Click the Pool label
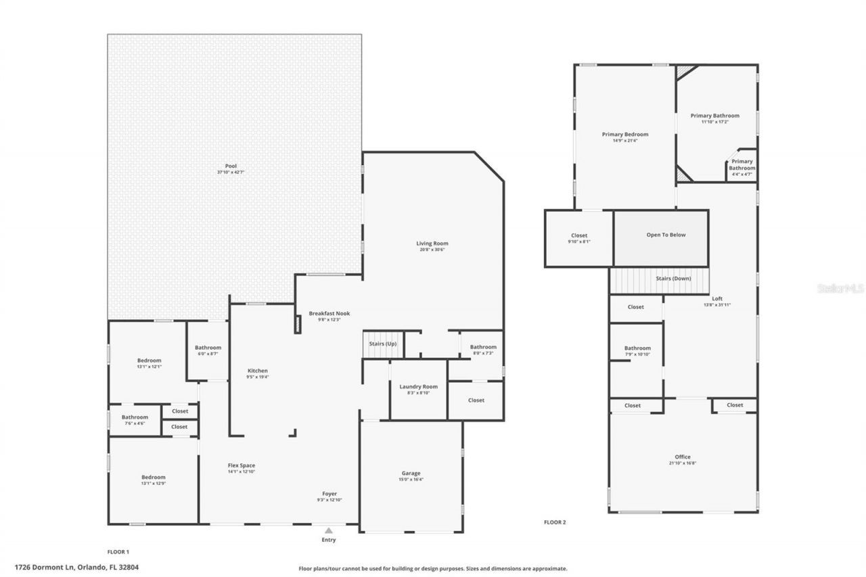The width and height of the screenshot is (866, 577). point(231,166)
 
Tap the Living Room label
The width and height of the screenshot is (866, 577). point(432,244)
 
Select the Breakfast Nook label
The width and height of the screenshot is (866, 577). point(329,314)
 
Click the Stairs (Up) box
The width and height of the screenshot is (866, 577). point(383,344)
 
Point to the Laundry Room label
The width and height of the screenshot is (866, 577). point(418,387)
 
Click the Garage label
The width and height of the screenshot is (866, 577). point(411,474)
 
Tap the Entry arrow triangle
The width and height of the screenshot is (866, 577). point(329,531)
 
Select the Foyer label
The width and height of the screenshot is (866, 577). point(329,494)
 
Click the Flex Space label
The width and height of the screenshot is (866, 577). point(241,465)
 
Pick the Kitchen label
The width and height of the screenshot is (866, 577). point(258,371)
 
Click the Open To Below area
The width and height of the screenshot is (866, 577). point(666,235)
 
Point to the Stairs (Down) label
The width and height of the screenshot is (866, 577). point(673,279)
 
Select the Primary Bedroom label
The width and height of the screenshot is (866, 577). point(624,135)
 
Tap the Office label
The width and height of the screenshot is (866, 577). point(683,457)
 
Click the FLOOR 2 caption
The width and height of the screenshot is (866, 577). point(555,522)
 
